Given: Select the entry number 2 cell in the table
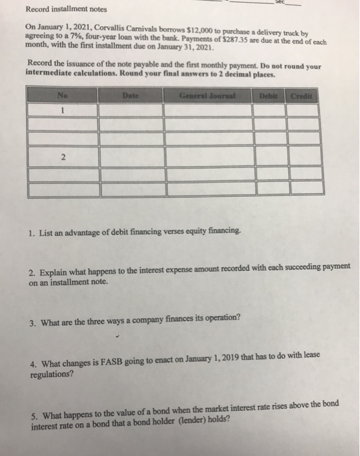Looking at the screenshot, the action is [x=62, y=157].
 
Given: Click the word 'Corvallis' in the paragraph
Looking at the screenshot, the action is [x=105, y=31].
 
